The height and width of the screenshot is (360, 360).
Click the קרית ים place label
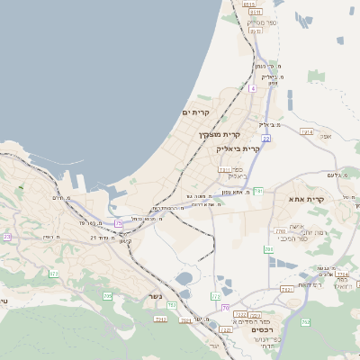tap(196, 112)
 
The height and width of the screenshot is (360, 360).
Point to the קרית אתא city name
tap(306, 198)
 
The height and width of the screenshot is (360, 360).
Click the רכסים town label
tap(256, 329)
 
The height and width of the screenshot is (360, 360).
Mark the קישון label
tap(126, 240)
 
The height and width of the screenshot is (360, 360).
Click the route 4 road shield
tap(254, 88)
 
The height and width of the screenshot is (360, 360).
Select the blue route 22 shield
tap(266, 137)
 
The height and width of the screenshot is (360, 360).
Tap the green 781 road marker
tap(259, 190)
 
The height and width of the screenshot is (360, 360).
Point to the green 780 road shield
tap(268, 248)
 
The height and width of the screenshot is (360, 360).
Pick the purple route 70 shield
tap(225, 307)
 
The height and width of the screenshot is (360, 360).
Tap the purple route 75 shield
tap(119, 222)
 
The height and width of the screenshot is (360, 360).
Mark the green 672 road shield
tap(54, 273)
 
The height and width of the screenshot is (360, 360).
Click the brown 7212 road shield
tap(162, 319)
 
